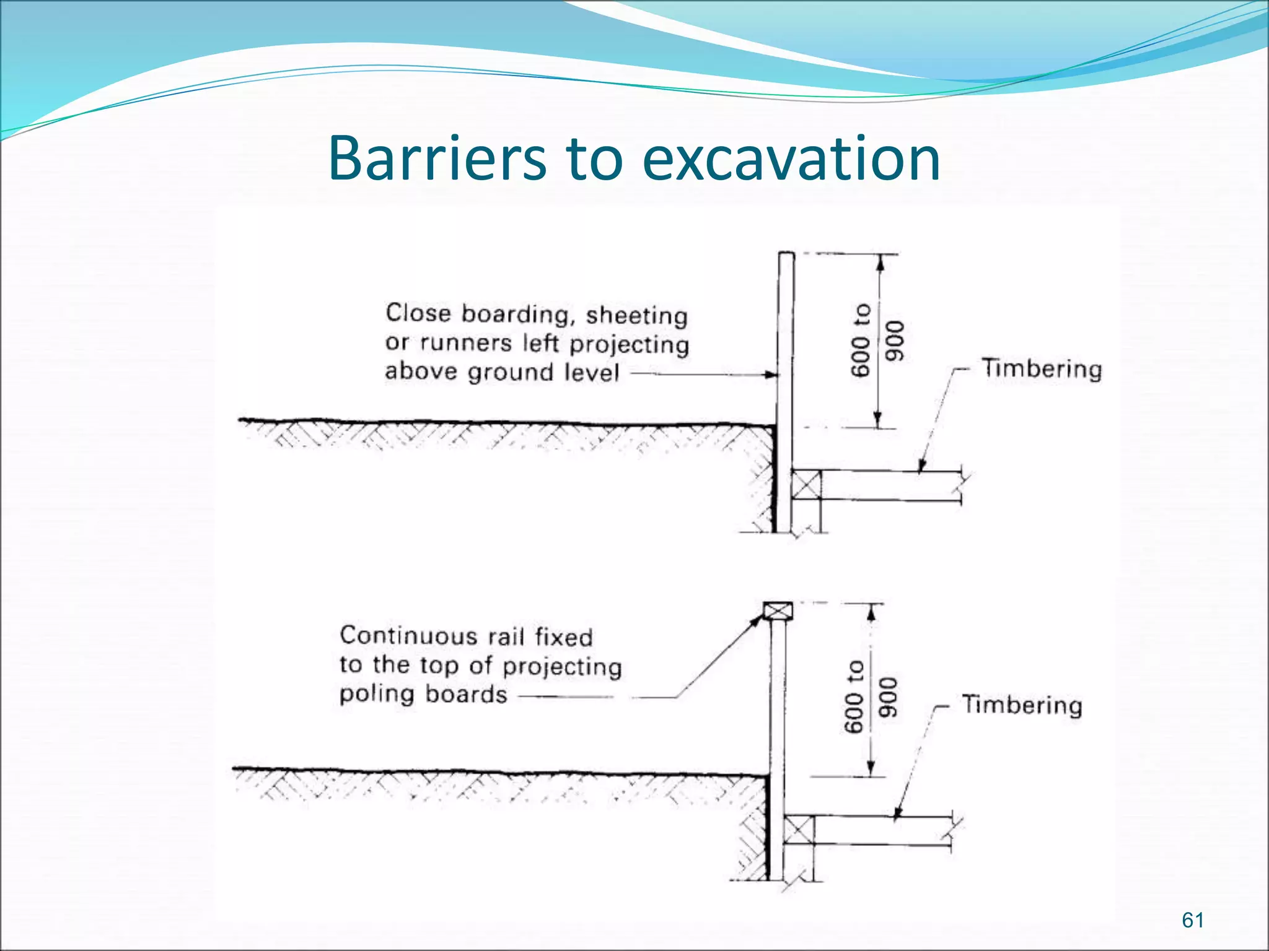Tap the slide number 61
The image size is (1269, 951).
1192,920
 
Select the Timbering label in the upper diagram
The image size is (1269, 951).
1042,369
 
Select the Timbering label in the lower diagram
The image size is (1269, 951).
1022,705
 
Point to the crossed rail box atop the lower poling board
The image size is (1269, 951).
778,612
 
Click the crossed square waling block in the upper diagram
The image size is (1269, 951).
806,485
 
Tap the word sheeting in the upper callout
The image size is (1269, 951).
636,316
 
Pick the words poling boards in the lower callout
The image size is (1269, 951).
423,695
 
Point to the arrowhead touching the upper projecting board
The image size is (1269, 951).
771,375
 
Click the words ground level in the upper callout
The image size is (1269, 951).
543,373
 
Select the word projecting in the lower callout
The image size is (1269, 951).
561,667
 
